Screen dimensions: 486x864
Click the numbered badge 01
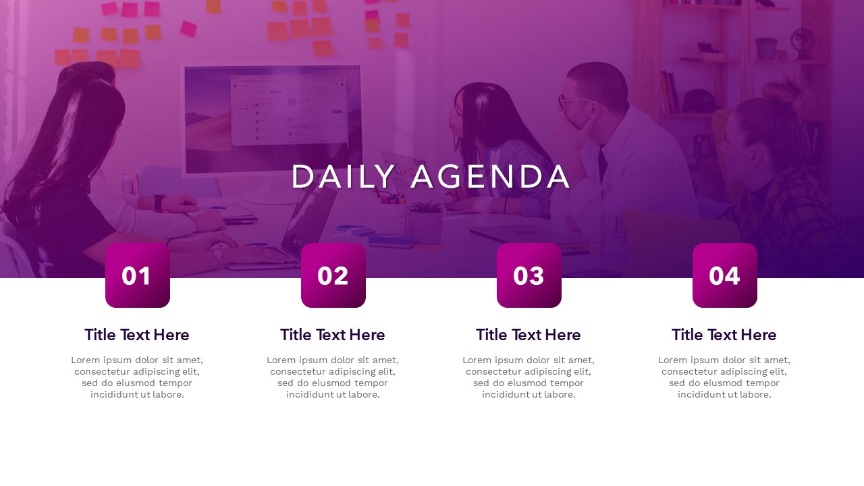(138, 275)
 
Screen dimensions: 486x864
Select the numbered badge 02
(333, 275)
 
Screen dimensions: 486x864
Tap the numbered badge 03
(529, 275)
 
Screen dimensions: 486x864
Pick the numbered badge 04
(725, 275)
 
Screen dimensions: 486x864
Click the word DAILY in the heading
(344, 177)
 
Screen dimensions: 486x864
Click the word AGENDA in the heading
(491, 177)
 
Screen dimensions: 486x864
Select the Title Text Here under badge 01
(137, 335)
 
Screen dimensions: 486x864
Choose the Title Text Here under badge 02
(333, 335)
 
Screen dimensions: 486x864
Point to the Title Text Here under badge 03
(529, 335)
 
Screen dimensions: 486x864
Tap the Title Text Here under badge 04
(724, 335)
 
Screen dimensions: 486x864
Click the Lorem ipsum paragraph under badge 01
(137, 377)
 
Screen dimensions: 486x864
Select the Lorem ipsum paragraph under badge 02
(333, 377)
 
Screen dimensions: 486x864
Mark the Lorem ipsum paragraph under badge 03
(529, 377)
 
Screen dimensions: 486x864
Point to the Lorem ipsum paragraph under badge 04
(724, 377)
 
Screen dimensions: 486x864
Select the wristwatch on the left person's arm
(159, 202)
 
